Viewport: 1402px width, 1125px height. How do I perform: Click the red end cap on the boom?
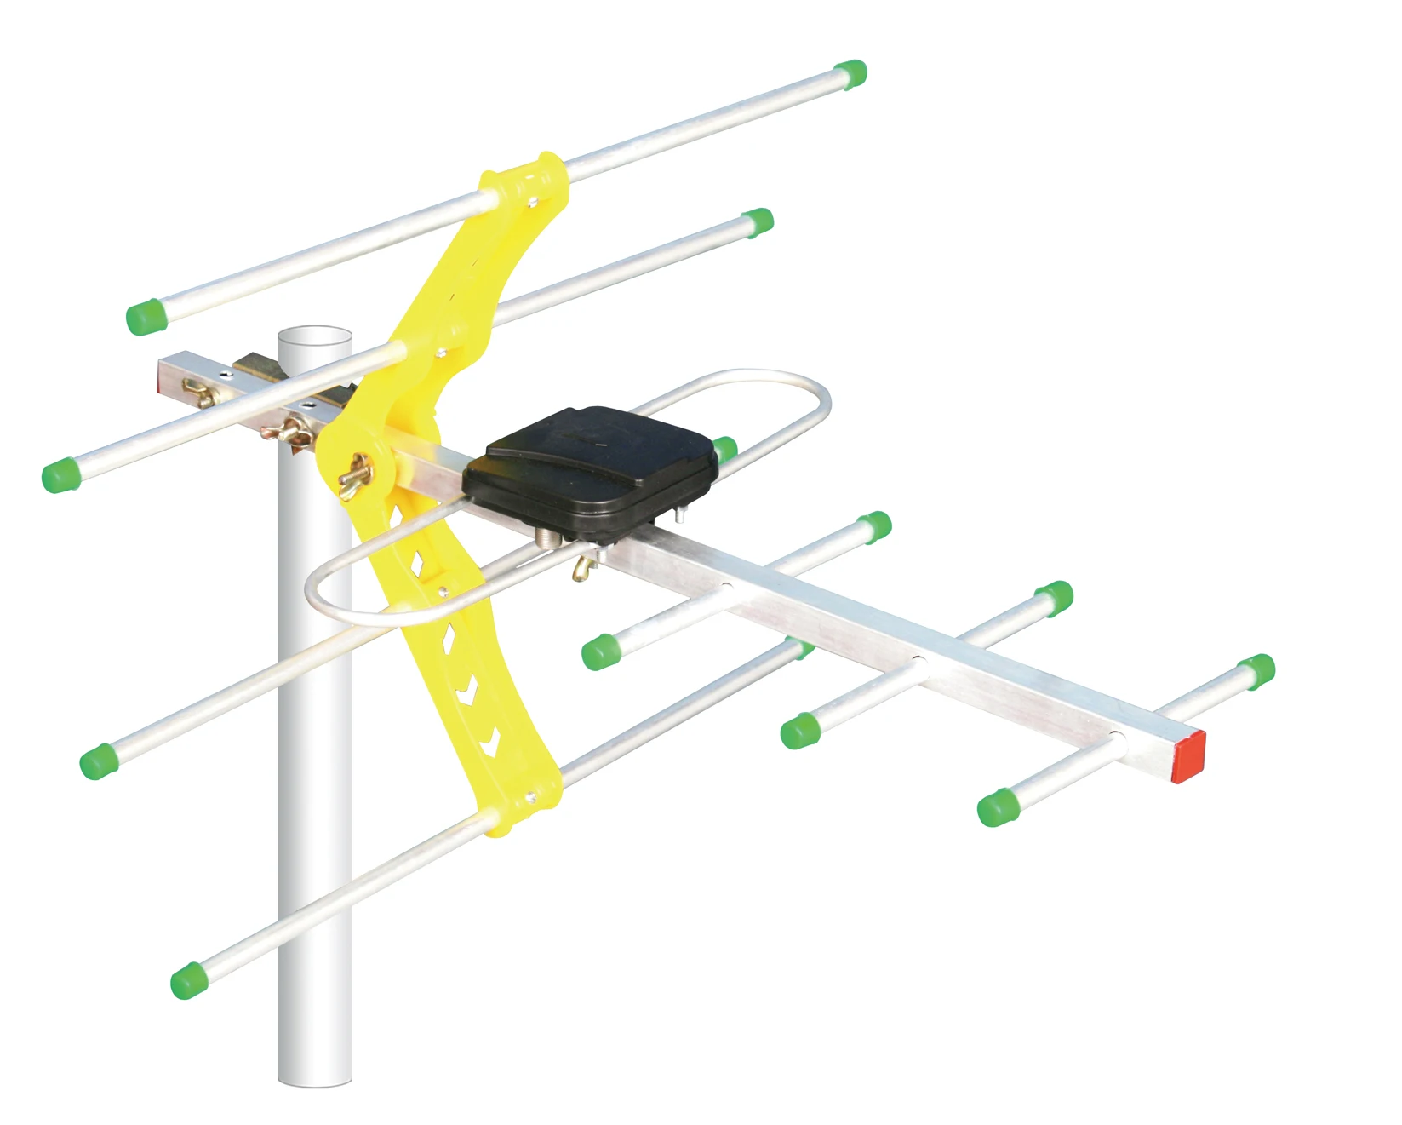[x=1189, y=756]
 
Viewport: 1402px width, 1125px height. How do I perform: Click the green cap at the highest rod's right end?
[x=850, y=74]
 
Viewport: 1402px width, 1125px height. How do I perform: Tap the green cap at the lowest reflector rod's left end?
[x=189, y=980]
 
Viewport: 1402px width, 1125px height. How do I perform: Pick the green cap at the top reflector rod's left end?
[x=145, y=318]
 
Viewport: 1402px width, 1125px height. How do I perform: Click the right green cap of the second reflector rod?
[x=756, y=222]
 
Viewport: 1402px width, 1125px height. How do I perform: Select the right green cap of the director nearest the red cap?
[x=1256, y=670]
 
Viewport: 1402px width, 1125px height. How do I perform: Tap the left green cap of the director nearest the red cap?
[x=997, y=807]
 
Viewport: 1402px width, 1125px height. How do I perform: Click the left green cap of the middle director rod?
[x=799, y=730]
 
